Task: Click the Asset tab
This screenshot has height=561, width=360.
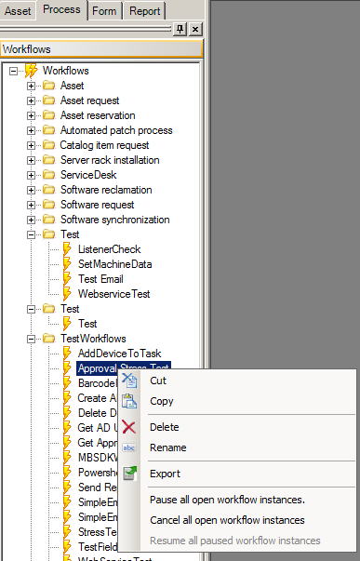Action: (x=18, y=11)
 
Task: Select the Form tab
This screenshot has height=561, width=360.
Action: (x=104, y=11)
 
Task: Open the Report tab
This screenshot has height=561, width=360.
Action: (x=144, y=11)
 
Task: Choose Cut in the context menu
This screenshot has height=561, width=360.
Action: (x=158, y=381)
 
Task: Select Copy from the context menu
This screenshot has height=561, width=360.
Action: (x=161, y=401)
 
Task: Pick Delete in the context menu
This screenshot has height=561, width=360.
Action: (x=164, y=427)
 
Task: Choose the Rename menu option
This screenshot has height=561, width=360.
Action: (x=167, y=447)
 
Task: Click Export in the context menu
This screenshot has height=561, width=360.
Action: (x=165, y=474)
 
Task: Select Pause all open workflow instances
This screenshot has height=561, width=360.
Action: (x=227, y=500)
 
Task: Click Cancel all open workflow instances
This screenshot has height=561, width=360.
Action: (x=227, y=520)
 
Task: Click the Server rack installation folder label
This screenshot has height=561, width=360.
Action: (x=110, y=160)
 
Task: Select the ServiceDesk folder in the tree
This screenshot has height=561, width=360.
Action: (x=90, y=175)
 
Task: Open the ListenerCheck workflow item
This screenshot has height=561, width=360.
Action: (x=109, y=249)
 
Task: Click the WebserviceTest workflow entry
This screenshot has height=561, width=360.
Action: (x=113, y=294)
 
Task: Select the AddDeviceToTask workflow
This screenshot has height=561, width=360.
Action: (x=118, y=354)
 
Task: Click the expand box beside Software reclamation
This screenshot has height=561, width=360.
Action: (x=31, y=190)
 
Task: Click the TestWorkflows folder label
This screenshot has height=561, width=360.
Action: (x=93, y=339)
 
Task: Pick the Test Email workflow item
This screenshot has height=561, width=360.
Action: (x=100, y=279)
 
